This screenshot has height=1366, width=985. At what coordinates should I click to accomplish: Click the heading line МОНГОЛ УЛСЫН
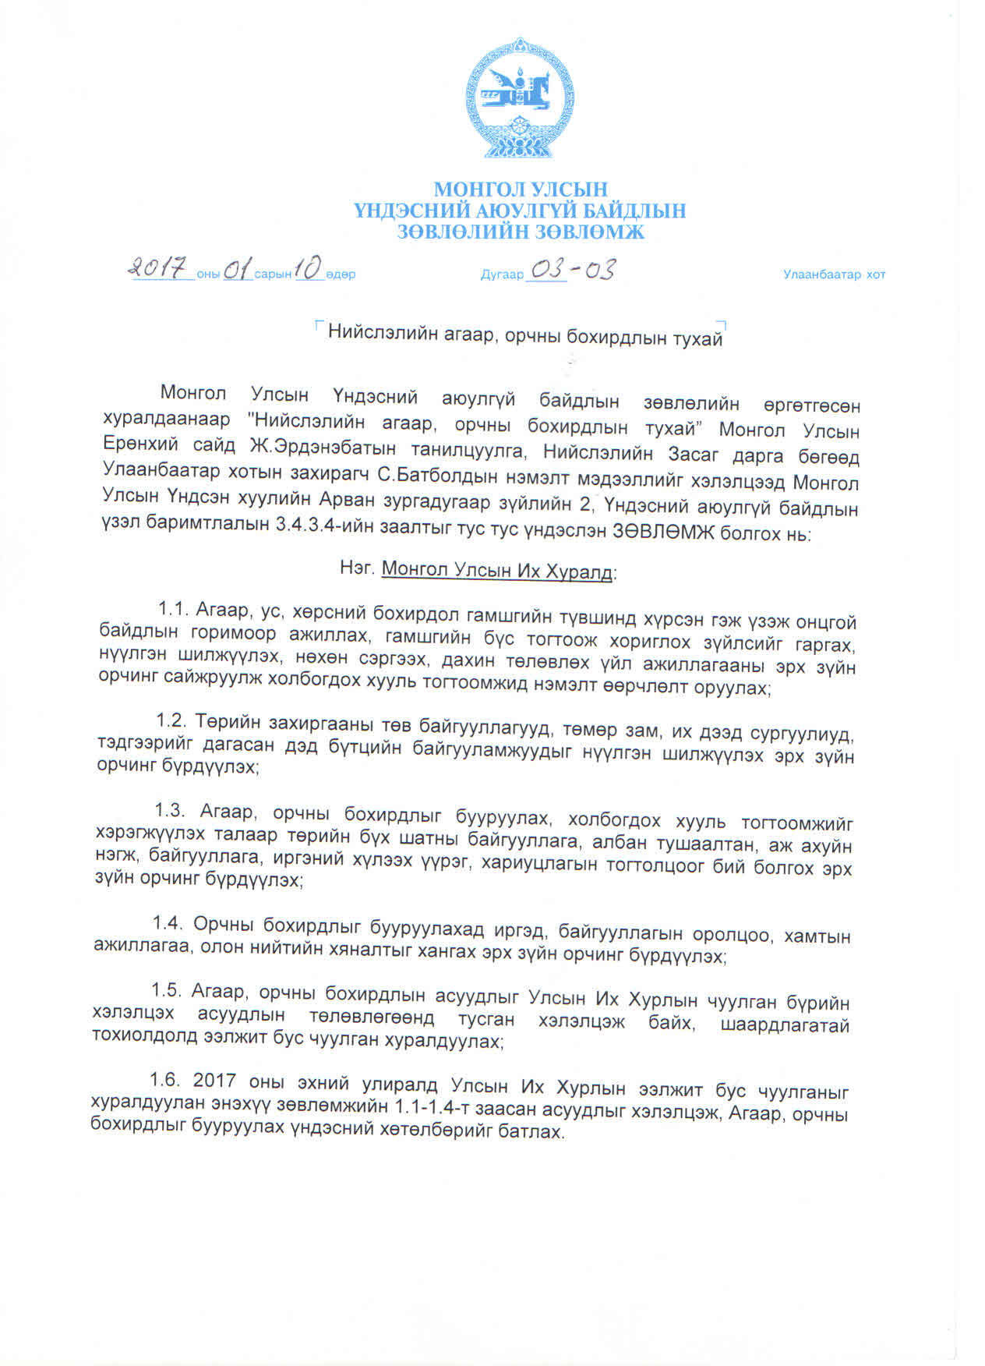pos(520,189)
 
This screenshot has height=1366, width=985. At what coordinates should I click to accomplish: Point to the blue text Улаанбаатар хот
pos(834,274)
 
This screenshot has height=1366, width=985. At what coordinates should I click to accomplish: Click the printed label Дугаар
pos(501,274)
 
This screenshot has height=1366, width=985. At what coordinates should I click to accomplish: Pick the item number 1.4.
pos(167,923)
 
